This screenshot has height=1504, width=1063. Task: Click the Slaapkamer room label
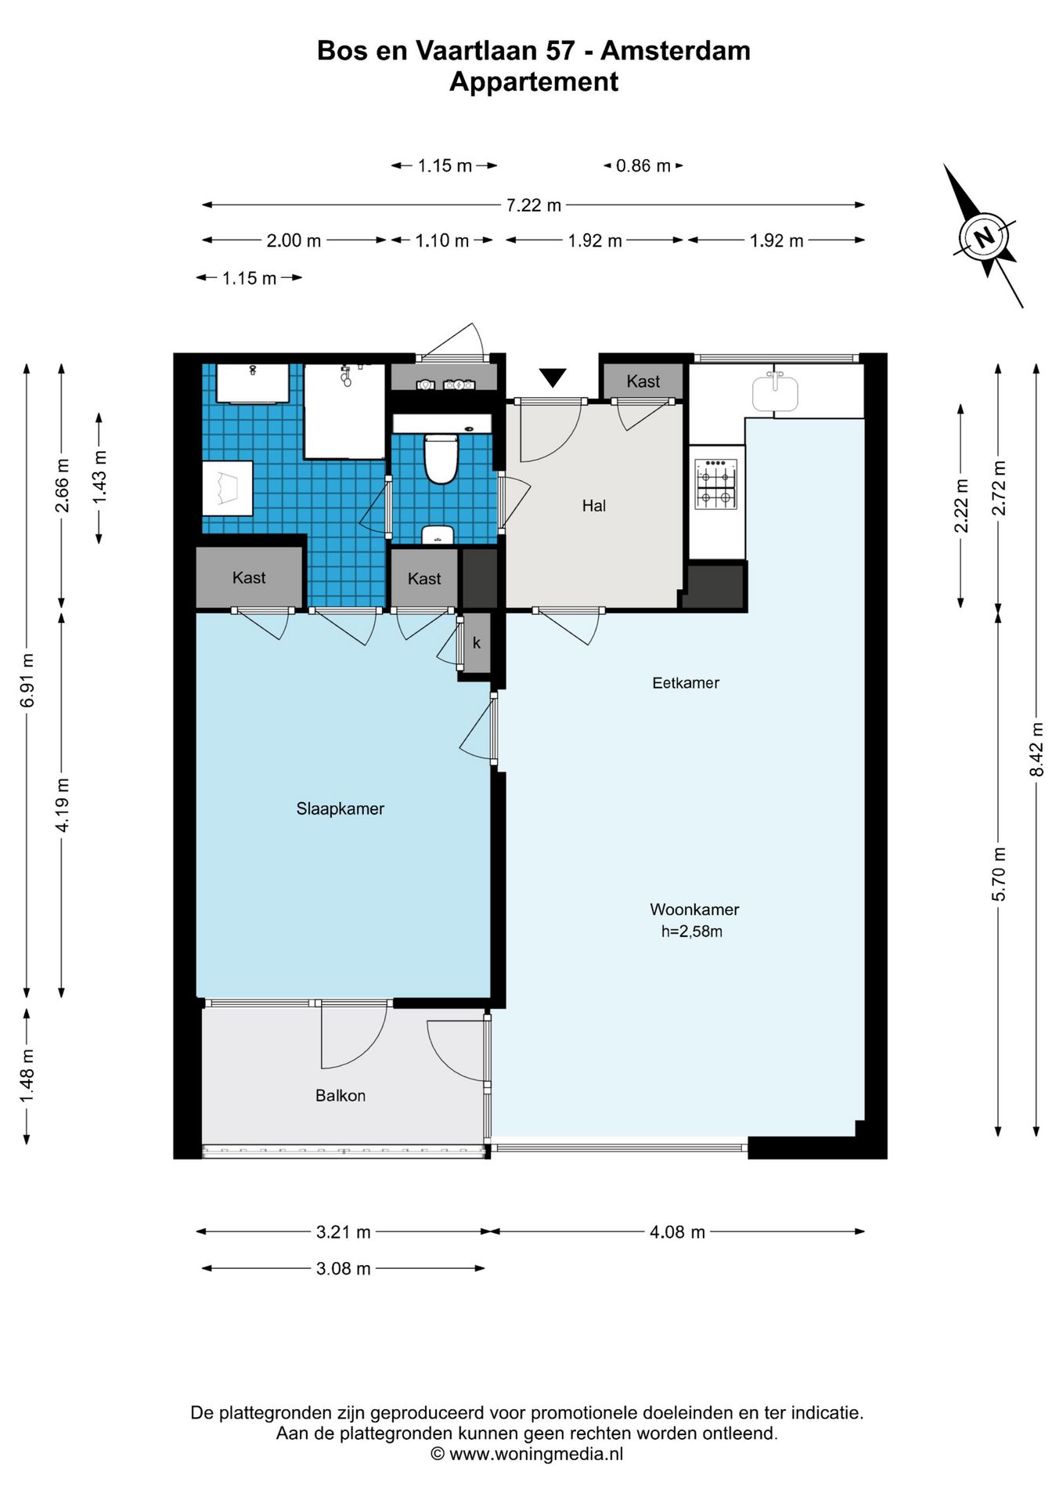(x=340, y=808)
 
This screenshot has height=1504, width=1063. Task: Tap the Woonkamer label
(x=694, y=909)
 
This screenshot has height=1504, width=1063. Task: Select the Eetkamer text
(x=686, y=682)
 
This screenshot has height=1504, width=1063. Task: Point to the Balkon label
(x=341, y=1095)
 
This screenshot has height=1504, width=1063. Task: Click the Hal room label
(x=594, y=506)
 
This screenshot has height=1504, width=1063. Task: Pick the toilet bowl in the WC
(x=441, y=459)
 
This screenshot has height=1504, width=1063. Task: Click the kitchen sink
(x=775, y=392)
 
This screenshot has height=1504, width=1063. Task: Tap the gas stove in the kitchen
(x=715, y=484)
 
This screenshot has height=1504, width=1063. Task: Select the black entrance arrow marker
(x=553, y=378)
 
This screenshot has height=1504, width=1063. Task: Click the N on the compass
(x=984, y=236)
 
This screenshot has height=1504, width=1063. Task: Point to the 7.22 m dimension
(x=533, y=205)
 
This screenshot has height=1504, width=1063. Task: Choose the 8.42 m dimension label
(x=1036, y=750)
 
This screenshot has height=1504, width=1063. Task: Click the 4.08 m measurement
(x=677, y=1232)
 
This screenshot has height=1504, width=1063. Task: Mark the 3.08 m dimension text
(x=343, y=1268)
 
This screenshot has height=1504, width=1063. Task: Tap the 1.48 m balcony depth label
(x=27, y=1075)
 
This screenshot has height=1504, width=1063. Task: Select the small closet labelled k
(x=477, y=642)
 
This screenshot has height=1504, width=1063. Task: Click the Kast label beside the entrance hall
(x=643, y=381)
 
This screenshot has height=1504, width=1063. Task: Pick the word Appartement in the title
(x=534, y=81)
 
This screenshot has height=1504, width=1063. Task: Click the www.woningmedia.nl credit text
(x=536, y=1454)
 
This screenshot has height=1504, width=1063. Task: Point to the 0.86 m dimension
(x=643, y=166)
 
